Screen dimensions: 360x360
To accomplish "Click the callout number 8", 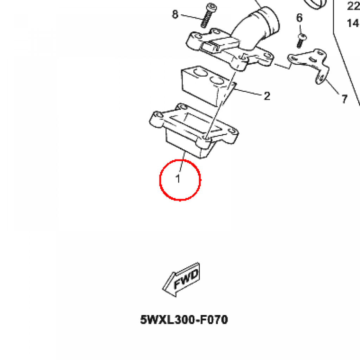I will tap(175, 14).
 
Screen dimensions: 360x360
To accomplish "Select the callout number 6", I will tap(300, 18).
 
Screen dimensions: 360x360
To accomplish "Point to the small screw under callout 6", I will tap(301, 40).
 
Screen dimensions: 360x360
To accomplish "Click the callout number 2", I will tap(267, 96).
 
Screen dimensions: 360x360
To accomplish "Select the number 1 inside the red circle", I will tap(178, 179).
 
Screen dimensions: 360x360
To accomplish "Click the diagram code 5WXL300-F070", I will tap(184, 320).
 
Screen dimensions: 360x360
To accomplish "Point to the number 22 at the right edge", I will tap(353, 6).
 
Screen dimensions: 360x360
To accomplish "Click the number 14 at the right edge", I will tap(353, 23).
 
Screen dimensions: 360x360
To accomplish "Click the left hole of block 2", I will tap(199, 74).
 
